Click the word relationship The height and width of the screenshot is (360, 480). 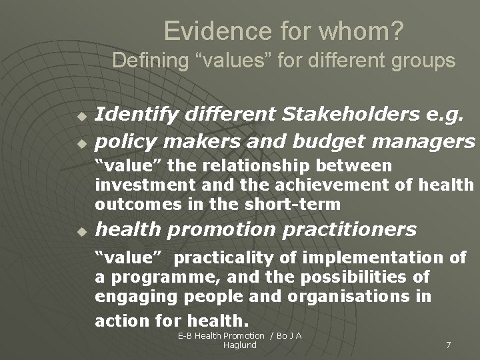click(281, 165)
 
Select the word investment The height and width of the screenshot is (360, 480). click(135, 185)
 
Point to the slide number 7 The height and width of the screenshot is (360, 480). click(448, 345)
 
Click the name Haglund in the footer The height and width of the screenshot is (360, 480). click(240, 345)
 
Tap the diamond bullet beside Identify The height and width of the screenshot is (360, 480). click(81, 116)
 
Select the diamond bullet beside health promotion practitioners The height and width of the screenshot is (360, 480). click(81, 231)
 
